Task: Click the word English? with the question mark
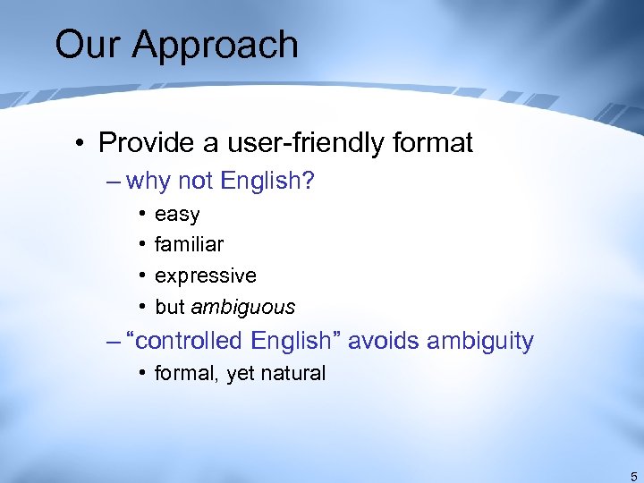coord(267,182)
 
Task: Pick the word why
coord(148,182)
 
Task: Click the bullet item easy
coord(177,216)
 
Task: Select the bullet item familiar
coord(189,244)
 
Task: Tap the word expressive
coord(205,275)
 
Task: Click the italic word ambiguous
coord(242,307)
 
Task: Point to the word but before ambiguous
coord(169,307)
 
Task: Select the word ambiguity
coord(480,341)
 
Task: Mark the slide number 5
coord(633,476)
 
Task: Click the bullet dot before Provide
coord(80,144)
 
